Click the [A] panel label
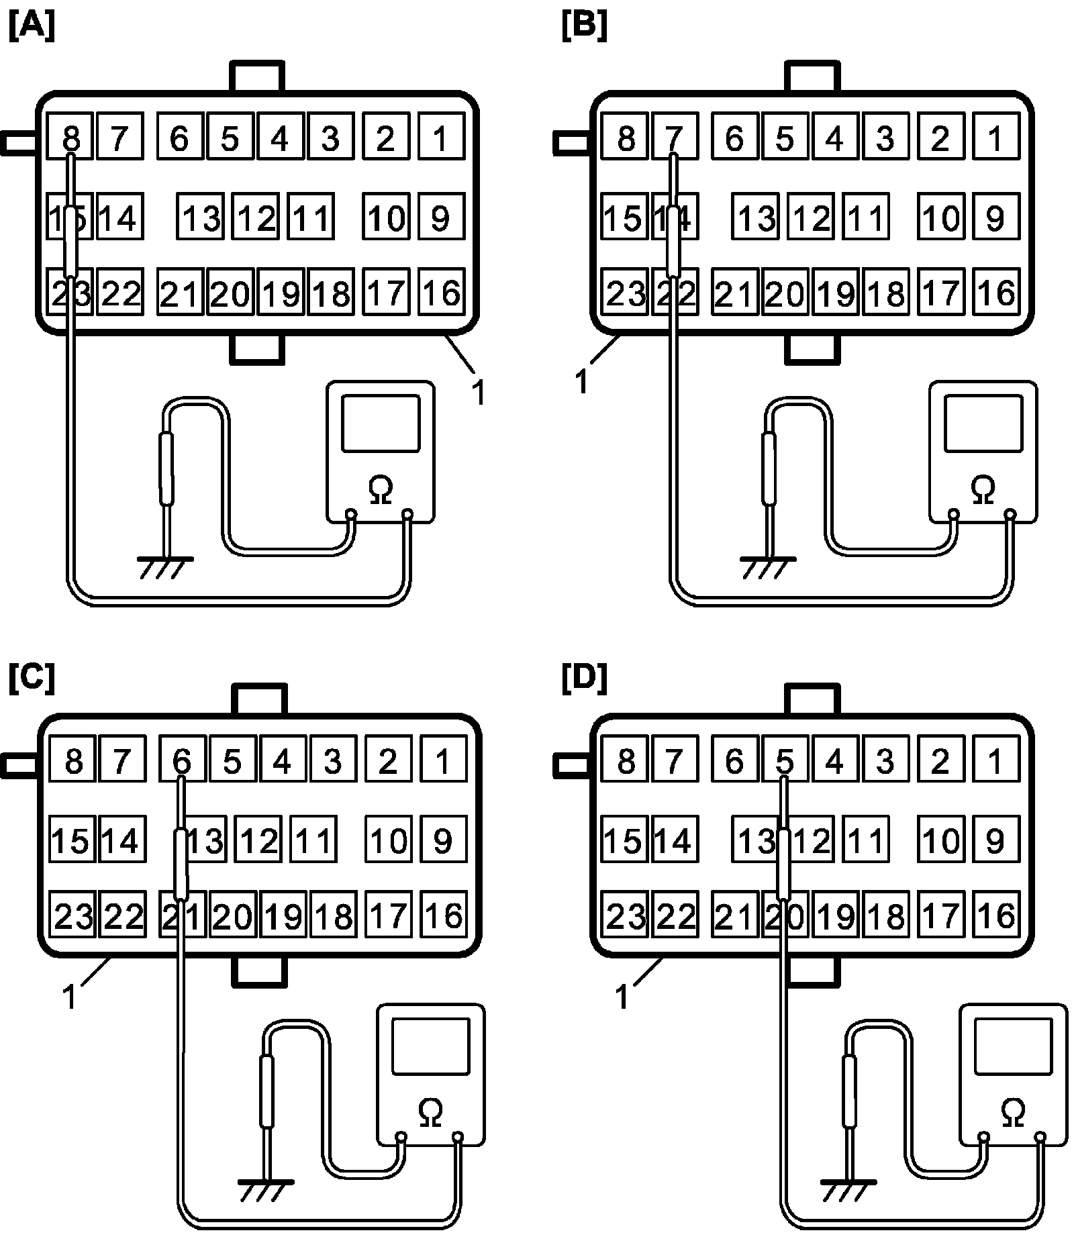(x=32, y=28)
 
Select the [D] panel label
(x=584, y=679)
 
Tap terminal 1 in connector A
(x=440, y=138)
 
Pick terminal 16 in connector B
(x=996, y=292)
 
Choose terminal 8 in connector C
(x=74, y=761)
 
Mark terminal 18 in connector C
(x=333, y=915)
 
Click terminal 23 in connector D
(x=625, y=915)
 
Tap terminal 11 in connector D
(x=866, y=840)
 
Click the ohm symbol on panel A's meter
(x=381, y=489)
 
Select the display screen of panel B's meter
(x=983, y=423)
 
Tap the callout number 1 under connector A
(x=478, y=393)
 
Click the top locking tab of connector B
(x=812, y=77)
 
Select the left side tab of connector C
(x=19, y=766)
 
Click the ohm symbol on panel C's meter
(x=430, y=1112)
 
